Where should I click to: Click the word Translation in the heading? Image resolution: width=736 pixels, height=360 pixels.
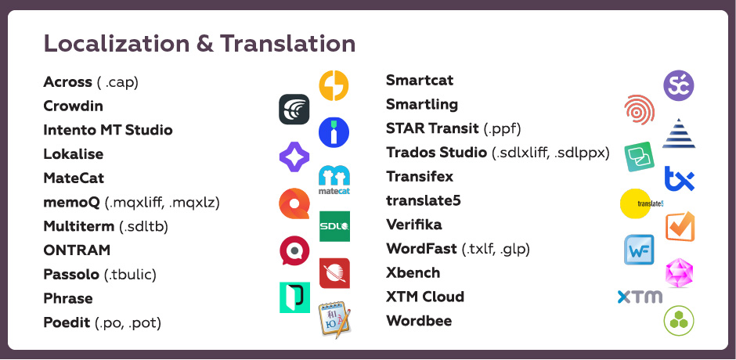coord(287,44)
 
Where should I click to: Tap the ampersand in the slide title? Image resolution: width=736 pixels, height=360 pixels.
coord(205,44)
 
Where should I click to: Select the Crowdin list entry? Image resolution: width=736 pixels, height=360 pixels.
coord(74,106)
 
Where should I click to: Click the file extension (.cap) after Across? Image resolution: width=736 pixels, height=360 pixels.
coord(117,82)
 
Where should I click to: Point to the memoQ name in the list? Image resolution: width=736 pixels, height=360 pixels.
coord(72,203)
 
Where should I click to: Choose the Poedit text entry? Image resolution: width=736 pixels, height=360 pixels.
coord(67,323)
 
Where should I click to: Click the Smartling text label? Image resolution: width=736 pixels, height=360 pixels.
coord(422,104)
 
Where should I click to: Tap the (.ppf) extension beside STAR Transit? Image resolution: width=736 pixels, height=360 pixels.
coord(502,128)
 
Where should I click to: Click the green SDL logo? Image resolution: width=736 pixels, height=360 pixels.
coord(334,226)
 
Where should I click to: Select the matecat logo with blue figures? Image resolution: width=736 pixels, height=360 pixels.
coord(334,180)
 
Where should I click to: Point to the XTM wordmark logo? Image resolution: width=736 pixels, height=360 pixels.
coord(640,297)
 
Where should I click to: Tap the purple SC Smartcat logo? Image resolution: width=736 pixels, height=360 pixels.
coord(679,85)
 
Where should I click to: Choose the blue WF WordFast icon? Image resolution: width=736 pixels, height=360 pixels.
coord(639,250)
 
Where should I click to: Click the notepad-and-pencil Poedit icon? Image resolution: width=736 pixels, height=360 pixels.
coord(335,319)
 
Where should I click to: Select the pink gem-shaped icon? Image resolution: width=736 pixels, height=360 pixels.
coord(679,272)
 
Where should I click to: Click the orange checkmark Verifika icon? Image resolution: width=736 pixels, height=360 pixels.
coord(680,227)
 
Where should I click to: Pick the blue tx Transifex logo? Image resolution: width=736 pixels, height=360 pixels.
coord(679,179)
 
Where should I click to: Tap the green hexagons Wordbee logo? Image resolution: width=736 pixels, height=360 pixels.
coord(679,321)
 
